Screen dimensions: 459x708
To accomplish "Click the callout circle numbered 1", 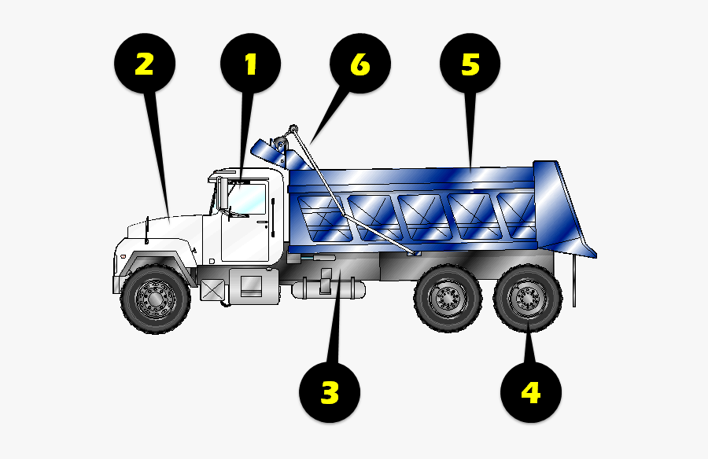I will [251, 65].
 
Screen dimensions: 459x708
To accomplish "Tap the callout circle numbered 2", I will [144, 65].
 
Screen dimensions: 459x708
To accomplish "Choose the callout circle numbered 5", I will [470, 65].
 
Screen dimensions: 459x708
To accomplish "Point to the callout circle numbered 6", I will [360, 65].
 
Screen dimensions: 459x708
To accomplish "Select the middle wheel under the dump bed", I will [448, 299].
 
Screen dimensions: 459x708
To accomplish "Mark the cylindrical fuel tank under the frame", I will [328, 288].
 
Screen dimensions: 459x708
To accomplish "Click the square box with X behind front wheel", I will [212, 289].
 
